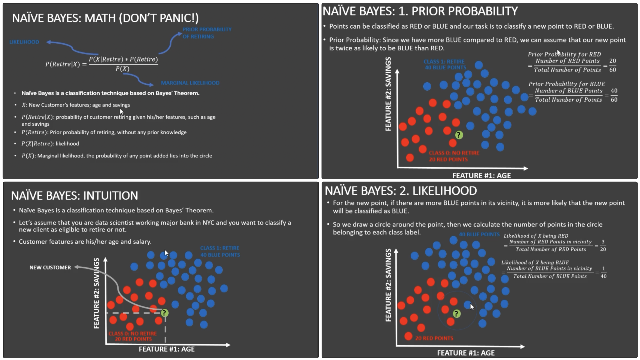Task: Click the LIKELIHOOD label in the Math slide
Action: pyautogui.click(x=24, y=42)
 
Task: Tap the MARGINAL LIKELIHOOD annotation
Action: pyautogui.click(x=190, y=83)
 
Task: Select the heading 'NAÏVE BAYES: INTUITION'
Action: pyautogui.click(x=74, y=196)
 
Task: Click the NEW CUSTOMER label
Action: pyautogui.click(x=50, y=267)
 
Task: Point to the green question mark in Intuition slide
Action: pyautogui.click(x=164, y=313)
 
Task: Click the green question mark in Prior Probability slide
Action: pyautogui.click(x=459, y=135)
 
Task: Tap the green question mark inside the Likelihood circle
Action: pyautogui.click(x=457, y=314)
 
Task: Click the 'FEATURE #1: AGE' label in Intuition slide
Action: pyautogui.click(x=167, y=349)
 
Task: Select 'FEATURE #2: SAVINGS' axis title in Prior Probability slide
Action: pyautogui.click(x=388, y=94)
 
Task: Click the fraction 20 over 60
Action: pyautogui.click(x=613, y=65)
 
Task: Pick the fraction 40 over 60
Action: pyautogui.click(x=614, y=95)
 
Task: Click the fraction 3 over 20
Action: pyautogui.click(x=603, y=246)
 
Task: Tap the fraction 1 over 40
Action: pyautogui.click(x=603, y=272)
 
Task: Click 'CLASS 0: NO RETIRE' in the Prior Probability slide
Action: pyautogui.click(x=454, y=153)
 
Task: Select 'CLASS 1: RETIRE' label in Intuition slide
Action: pyautogui.click(x=220, y=248)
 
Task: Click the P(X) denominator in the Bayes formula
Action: pyautogui.click(x=122, y=69)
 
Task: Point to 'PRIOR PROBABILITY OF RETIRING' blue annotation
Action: pyautogui.click(x=207, y=33)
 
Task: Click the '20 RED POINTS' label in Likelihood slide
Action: pyautogui.click(x=434, y=338)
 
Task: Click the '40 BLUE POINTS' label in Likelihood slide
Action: pyautogui.click(x=479, y=235)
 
